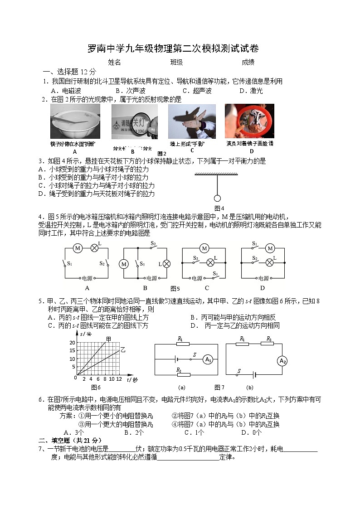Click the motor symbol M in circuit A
point(78,248)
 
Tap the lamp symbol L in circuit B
point(166,264)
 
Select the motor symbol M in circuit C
point(204,248)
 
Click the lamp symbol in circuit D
point(269,262)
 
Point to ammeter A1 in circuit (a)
point(208,359)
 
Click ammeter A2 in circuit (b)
point(282,361)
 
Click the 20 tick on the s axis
point(72,343)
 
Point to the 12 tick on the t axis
point(119,379)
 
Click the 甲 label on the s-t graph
point(108,339)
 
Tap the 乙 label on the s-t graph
point(122,350)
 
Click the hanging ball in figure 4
point(217,198)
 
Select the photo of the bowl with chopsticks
point(75,121)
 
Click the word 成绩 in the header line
point(248,62)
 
